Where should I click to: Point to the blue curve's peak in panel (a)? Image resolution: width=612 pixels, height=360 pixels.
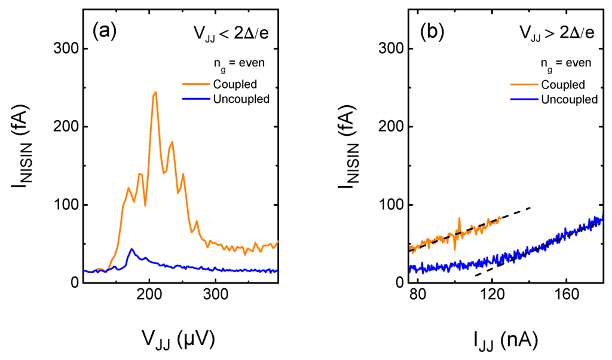tap(131, 249)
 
